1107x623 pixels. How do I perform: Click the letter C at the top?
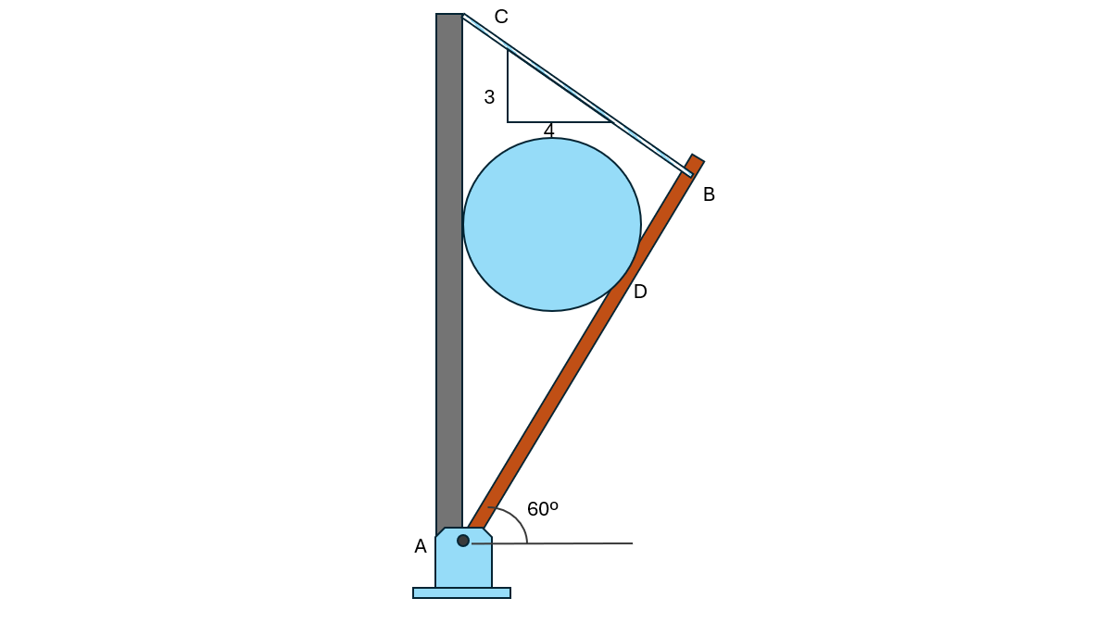(500, 17)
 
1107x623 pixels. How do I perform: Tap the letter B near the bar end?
(709, 194)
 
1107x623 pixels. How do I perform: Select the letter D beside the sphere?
(639, 292)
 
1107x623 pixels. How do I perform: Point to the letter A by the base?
(420, 546)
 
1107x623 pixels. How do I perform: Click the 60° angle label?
(542, 509)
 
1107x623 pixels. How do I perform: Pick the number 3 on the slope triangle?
(489, 97)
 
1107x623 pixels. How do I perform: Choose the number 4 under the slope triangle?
(548, 131)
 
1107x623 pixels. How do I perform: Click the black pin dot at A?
(463, 541)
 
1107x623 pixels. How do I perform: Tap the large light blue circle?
(552, 224)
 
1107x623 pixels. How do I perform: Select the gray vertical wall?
(449, 275)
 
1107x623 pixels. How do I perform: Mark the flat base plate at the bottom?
(461, 592)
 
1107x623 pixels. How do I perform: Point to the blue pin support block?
(463, 557)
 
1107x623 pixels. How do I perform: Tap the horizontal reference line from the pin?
(552, 543)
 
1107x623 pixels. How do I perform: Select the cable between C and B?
(577, 94)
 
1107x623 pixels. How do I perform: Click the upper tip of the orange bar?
(698, 158)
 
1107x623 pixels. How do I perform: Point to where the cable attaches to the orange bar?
(688, 172)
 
